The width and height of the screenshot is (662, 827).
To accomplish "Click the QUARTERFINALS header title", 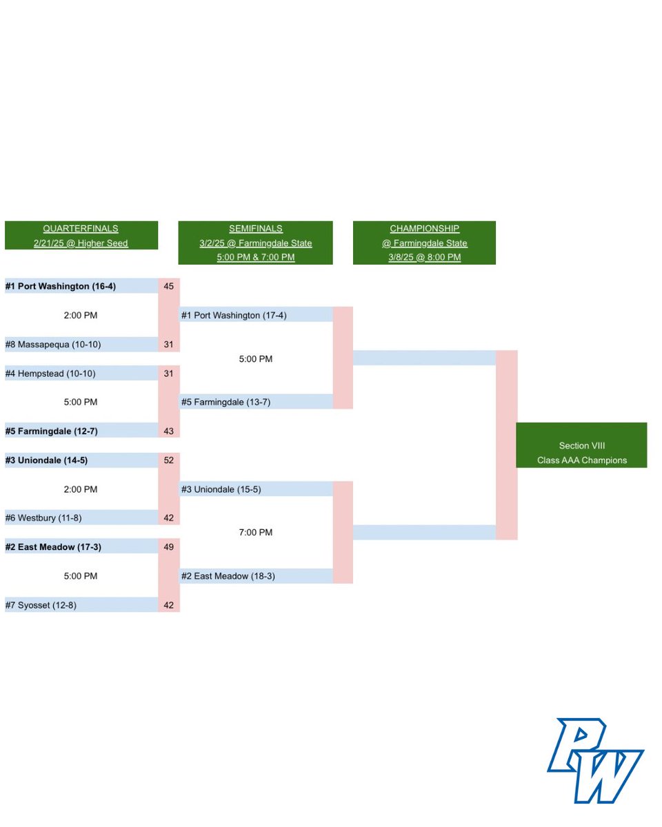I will [x=81, y=229].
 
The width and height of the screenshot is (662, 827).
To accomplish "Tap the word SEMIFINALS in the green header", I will [x=256, y=229].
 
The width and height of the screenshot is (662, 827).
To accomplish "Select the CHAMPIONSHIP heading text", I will [x=424, y=229].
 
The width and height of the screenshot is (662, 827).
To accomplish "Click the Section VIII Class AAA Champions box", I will [x=581, y=453].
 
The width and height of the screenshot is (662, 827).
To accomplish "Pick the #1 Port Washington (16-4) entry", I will [x=66, y=286].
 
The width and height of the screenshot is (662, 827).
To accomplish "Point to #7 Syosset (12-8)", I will [x=45, y=604].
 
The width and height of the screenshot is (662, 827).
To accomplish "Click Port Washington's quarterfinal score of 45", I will [x=169, y=286].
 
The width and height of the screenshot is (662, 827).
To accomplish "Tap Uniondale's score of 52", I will [x=169, y=460].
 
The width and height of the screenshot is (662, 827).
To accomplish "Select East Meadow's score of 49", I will [x=169, y=547].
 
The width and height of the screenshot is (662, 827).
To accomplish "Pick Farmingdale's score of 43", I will [x=169, y=431].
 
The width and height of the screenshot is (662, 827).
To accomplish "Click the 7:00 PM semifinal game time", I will [x=256, y=533].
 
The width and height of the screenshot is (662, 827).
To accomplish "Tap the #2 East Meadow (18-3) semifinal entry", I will [x=228, y=575].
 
